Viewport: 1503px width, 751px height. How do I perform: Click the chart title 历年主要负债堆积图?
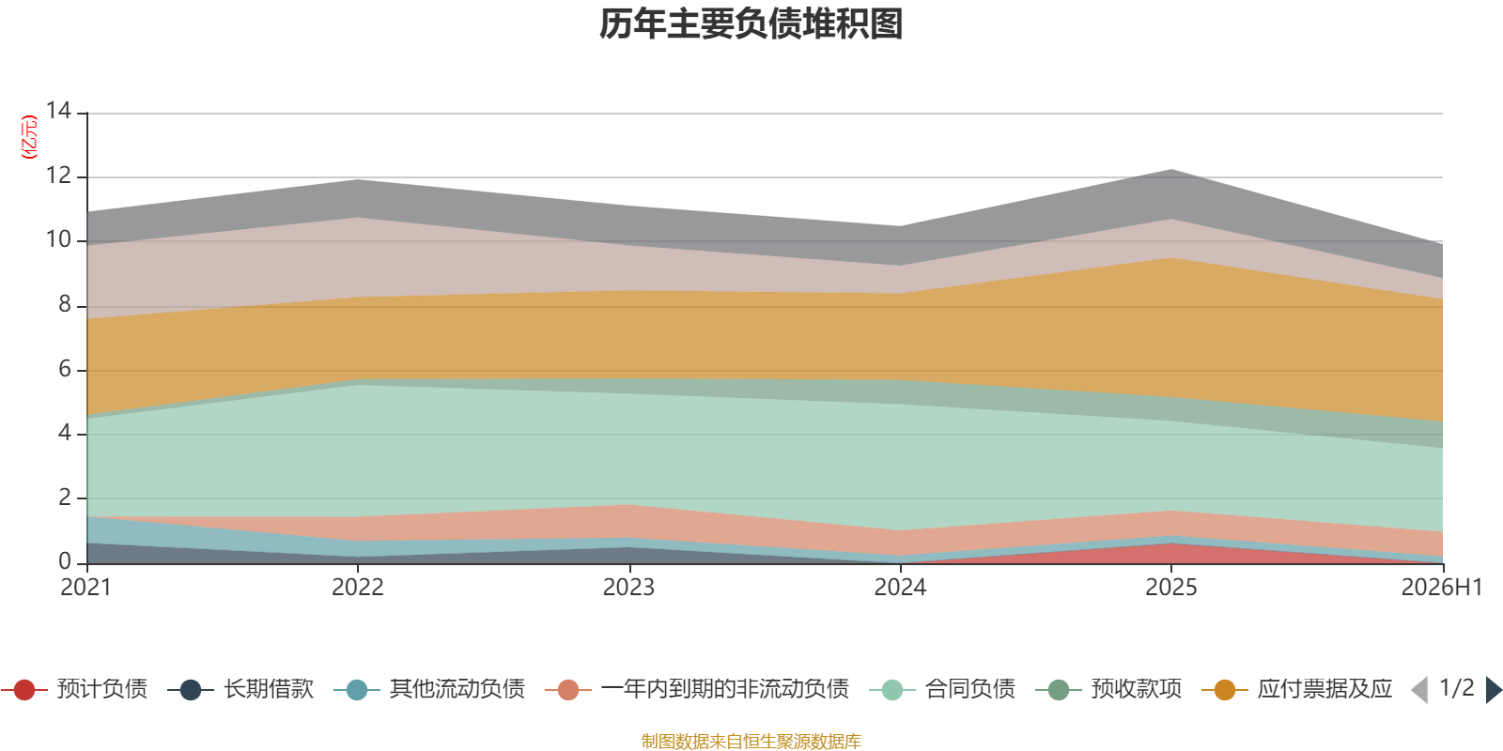pyautogui.click(x=751, y=24)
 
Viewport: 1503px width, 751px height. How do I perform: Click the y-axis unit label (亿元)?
pyautogui.click(x=29, y=137)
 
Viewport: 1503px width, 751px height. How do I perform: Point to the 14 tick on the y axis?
pyautogui.click(x=58, y=111)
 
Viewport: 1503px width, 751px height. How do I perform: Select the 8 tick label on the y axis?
pyautogui.click(x=65, y=304)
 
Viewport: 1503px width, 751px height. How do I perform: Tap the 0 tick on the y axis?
pyautogui.click(x=65, y=561)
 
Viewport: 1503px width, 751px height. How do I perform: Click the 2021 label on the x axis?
pyautogui.click(x=85, y=588)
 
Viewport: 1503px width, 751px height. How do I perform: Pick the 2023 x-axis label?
pyautogui.click(x=628, y=588)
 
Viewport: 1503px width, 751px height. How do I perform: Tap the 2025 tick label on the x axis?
pyautogui.click(x=1170, y=588)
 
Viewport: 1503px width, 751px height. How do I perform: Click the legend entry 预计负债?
pyautogui.click(x=74, y=689)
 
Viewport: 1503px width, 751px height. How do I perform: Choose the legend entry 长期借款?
pyautogui.click(x=240, y=689)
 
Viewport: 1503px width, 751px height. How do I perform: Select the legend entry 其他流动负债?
pyautogui.click(x=429, y=689)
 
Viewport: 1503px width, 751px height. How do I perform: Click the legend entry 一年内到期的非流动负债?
pyautogui.click(x=697, y=689)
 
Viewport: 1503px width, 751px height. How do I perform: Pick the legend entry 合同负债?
pyautogui.click(x=942, y=689)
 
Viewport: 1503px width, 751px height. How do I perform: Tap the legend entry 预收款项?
pyautogui.click(x=1108, y=689)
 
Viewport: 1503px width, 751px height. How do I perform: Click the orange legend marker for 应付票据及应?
pyautogui.click(x=1225, y=690)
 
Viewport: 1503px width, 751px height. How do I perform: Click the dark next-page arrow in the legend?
pyautogui.click(x=1494, y=690)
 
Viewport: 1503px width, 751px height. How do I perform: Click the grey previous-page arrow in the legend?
pyautogui.click(x=1419, y=690)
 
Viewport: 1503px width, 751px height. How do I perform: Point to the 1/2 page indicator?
pyautogui.click(x=1457, y=688)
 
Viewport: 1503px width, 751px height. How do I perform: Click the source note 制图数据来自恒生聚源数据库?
pyautogui.click(x=751, y=741)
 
